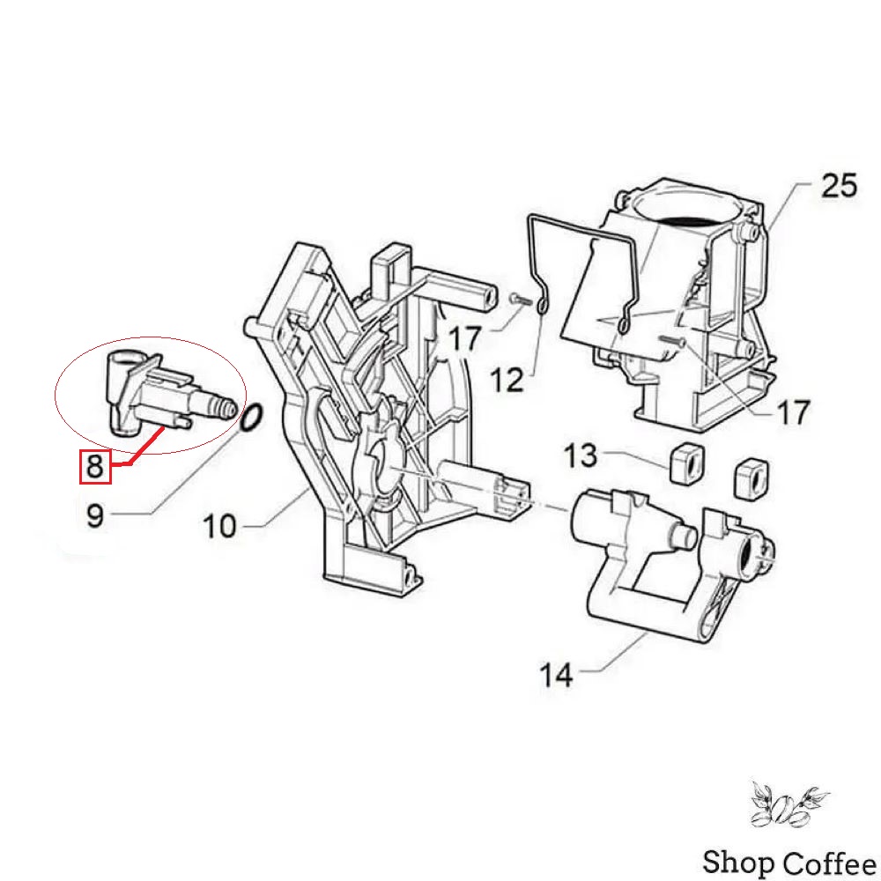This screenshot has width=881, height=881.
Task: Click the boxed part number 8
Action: [x=95, y=466]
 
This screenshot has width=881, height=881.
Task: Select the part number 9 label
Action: [x=95, y=515]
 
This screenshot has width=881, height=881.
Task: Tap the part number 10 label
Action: [x=219, y=527]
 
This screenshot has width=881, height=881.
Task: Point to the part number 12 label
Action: [x=507, y=381]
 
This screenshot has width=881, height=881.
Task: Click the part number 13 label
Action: [x=580, y=455]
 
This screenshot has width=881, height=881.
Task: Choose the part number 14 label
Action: [x=556, y=675]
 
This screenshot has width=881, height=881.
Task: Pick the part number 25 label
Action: [x=840, y=185]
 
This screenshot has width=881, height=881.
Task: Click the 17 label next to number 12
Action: [x=465, y=339]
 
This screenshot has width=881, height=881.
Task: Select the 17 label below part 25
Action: [x=793, y=412]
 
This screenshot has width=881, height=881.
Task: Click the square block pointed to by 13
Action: [x=686, y=462]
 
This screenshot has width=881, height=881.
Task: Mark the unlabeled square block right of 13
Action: [x=752, y=478]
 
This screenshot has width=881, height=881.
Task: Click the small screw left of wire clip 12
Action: [x=521, y=300]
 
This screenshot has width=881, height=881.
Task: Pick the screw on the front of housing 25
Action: [x=672, y=339]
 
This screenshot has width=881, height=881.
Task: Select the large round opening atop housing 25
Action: [x=685, y=209]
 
